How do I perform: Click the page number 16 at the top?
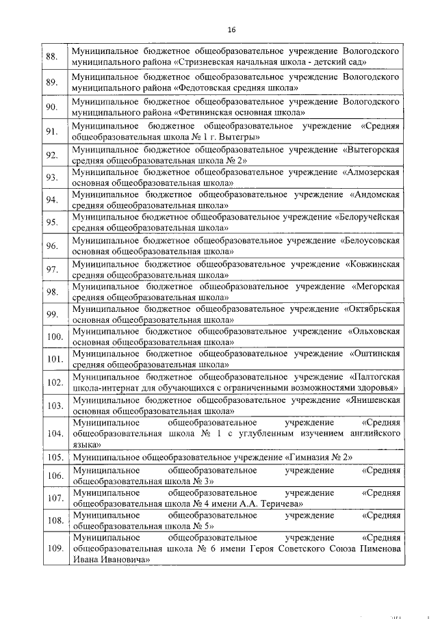231,29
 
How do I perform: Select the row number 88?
51,56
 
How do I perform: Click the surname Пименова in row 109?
375,549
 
